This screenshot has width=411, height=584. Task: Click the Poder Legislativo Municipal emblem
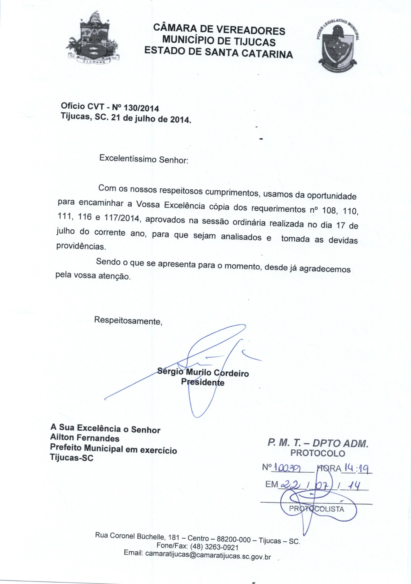tap(337, 45)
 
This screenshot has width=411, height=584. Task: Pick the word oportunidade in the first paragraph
tap(332, 196)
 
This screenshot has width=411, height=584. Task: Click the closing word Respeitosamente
tap(128, 321)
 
